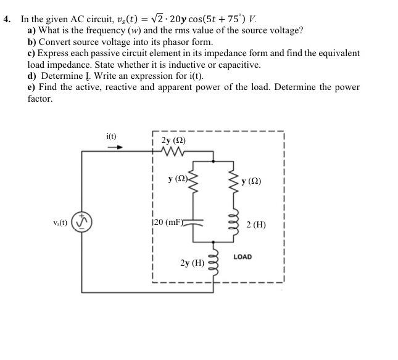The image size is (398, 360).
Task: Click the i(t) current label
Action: [x=111, y=136]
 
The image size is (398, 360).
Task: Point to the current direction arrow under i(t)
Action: [x=115, y=147]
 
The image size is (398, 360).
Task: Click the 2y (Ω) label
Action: [x=173, y=140]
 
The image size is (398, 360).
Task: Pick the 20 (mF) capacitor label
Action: [x=167, y=221]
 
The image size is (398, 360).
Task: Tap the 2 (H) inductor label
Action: [x=255, y=225]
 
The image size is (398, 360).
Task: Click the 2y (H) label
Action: [x=192, y=263]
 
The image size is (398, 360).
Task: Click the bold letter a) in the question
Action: [x=31, y=30]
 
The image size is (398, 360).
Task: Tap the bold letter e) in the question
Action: [x=31, y=88]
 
